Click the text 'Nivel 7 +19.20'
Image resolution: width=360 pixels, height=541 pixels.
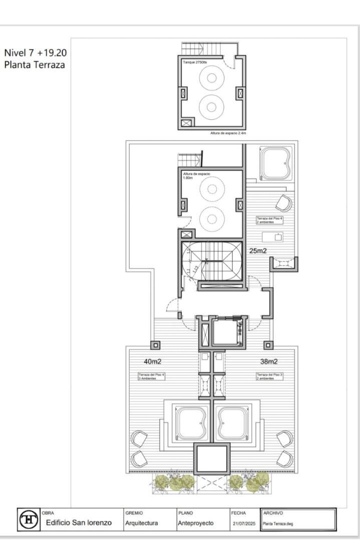click(x=35, y=53)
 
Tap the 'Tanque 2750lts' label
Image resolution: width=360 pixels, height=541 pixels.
click(x=196, y=62)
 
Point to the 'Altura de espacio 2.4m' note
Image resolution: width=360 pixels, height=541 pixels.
click(x=228, y=133)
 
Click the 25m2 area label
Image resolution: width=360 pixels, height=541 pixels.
click(x=258, y=250)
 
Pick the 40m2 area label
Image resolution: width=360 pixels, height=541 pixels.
click(x=152, y=361)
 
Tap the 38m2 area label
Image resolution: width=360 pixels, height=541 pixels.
click(x=268, y=361)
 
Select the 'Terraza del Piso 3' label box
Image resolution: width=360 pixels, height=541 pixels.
click(x=270, y=376)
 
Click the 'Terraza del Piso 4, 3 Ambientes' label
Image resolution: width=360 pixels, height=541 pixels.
click(x=151, y=376)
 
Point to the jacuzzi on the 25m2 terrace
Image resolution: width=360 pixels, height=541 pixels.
click(x=276, y=163)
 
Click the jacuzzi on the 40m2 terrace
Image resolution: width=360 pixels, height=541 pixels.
click(x=190, y=422)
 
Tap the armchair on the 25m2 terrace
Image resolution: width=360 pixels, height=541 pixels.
click(x=283, y=203)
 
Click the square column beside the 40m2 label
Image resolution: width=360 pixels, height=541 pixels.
click(x=155, y=345)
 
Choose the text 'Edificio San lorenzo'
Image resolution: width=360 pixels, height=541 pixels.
click(x=79, y=523)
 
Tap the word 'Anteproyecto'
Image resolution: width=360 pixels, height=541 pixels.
click(x=195, y=523)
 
